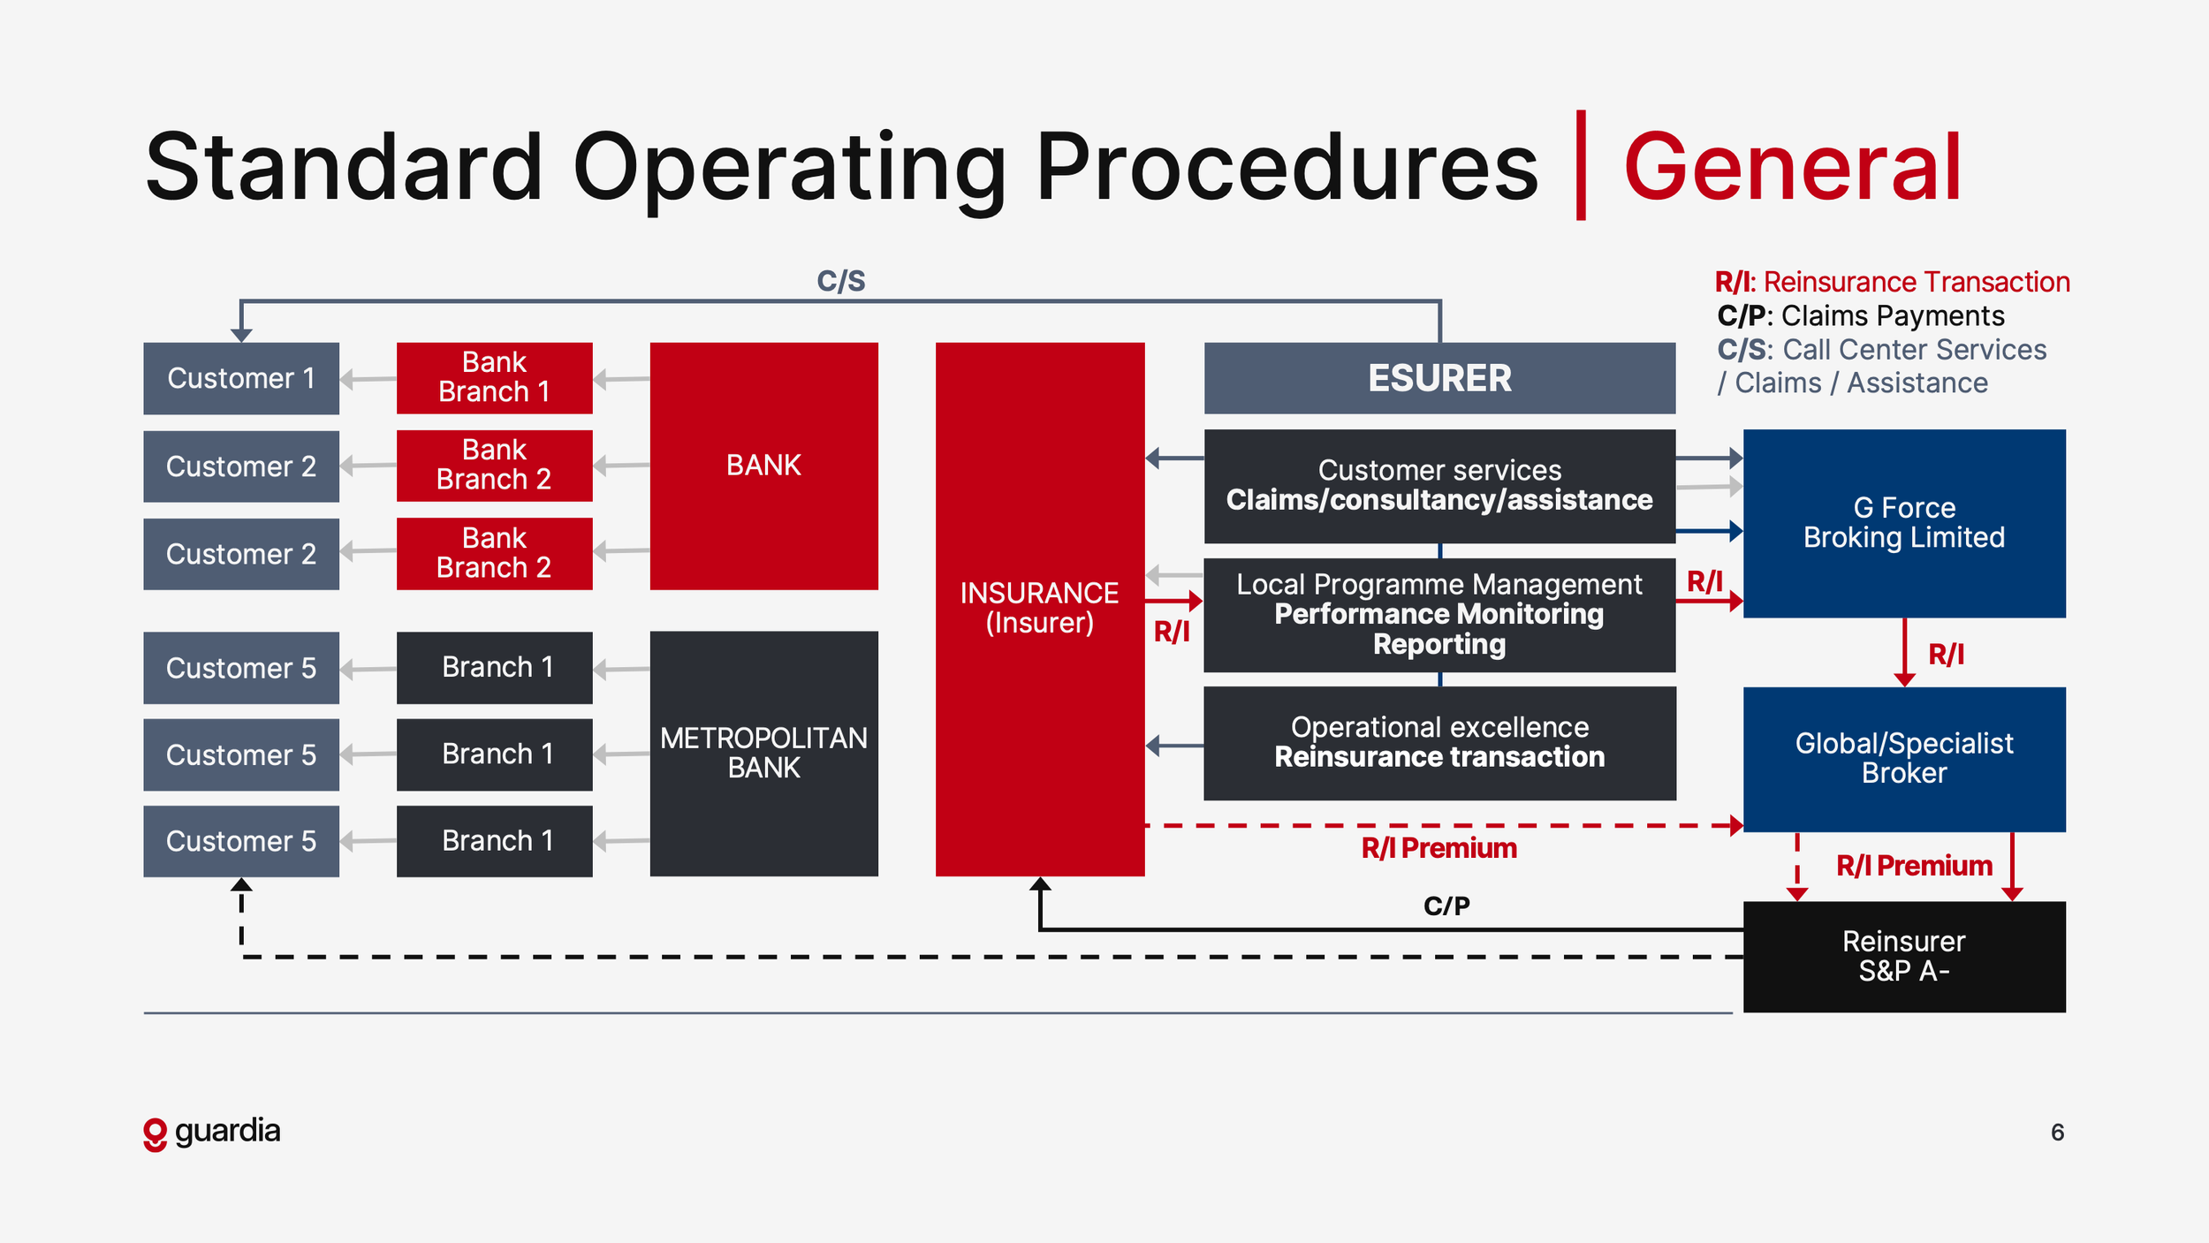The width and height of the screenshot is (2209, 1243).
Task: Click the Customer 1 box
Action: tap(240, 378)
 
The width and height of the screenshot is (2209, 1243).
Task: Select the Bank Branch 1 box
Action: tap(494, 377)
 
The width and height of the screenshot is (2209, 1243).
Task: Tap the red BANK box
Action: tap(763, 466)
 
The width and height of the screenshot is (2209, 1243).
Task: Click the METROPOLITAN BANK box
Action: tap(763, 753)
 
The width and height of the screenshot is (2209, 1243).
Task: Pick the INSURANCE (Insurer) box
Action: tap(1039, 608)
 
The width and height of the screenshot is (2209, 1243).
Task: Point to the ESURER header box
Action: tap(1439, 378)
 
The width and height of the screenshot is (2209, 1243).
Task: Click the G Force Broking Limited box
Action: tap(1903, 523)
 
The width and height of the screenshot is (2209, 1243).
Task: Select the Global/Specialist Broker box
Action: tap(1903, 758)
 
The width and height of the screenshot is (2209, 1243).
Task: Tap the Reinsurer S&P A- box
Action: tap(1903, 956)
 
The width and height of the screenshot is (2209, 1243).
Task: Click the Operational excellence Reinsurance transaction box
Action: tap(1439, 742)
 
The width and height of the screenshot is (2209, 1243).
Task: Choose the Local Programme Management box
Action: tap(1439, 614)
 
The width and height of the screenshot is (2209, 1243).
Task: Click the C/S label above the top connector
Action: tap(840, 281)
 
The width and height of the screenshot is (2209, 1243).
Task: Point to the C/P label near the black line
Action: tap(1446, 906)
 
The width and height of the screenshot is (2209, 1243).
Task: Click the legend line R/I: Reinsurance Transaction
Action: tap(1892, 282)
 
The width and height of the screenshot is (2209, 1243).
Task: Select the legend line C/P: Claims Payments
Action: tap(1860, 315)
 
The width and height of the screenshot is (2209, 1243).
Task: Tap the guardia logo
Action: tap(212, 1132)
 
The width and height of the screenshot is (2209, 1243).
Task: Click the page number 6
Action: tap(2057, 1133)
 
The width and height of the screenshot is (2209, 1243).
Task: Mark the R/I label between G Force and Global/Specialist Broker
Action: tap(1946, 655)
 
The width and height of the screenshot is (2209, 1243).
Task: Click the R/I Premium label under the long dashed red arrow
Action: tap(1439, 848)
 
